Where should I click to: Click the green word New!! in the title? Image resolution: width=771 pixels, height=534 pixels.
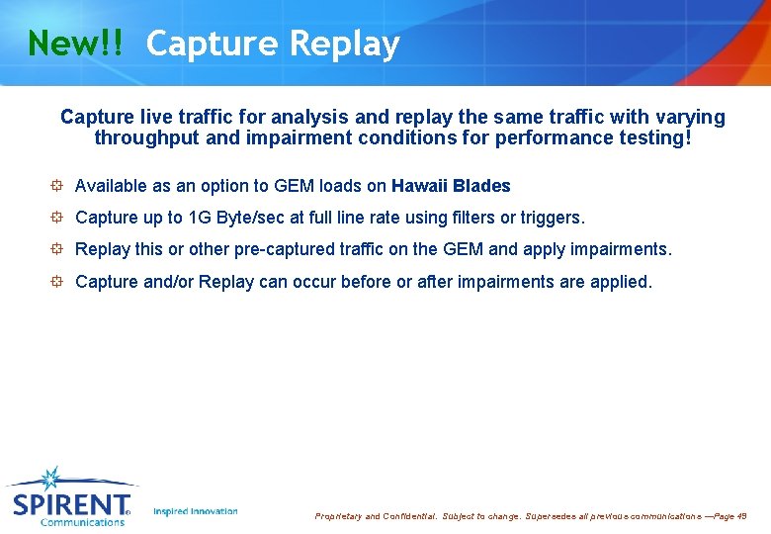76,44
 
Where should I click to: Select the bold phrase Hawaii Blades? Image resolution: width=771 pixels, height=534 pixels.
451,186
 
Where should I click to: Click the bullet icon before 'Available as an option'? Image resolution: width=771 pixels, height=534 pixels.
58,186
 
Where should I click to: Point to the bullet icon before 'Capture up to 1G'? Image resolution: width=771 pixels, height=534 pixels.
58,218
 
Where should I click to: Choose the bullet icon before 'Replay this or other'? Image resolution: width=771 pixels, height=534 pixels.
58,249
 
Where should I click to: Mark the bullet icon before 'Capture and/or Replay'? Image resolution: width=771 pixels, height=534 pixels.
58,282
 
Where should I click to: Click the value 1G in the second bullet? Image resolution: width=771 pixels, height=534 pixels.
200,218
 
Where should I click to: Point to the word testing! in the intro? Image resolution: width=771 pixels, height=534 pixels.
658,138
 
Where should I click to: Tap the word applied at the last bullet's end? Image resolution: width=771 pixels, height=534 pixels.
620,282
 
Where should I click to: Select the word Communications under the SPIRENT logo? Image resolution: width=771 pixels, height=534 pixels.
82,522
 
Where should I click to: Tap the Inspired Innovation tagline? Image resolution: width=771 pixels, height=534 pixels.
196,511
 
